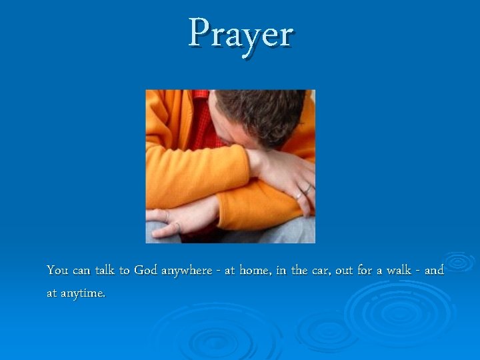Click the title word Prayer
(240, 33)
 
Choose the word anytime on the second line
(83, 293)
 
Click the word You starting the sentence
(57, 271)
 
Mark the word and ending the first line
(434, 271)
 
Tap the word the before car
(299, 271)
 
